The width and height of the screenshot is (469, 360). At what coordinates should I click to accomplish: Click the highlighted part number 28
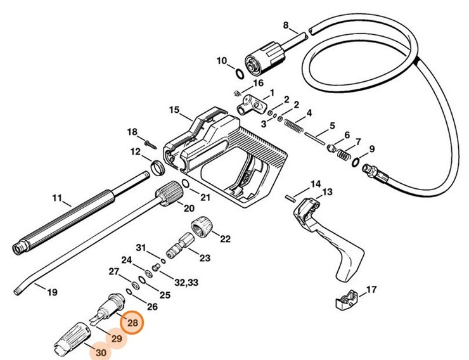point(132,323)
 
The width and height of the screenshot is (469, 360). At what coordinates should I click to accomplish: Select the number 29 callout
point(117,338)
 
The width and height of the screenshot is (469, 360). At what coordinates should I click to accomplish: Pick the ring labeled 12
point(156,168)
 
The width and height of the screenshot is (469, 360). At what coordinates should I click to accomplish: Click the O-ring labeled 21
point(184,183)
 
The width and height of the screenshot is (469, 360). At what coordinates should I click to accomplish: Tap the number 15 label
point(174,110)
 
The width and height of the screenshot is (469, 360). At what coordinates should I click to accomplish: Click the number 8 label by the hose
point(286,25)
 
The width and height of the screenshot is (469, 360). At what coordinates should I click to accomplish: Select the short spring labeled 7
point(344,154)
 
